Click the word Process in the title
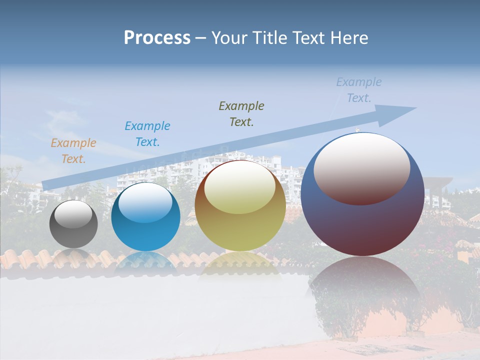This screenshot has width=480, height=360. tap(157, 38)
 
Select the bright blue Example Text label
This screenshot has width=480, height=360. tap(147, 134)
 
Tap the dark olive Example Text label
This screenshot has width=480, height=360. tap(241, 114)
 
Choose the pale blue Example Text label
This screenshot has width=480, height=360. tap(359, 90)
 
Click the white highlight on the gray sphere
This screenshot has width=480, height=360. tap(73, 214)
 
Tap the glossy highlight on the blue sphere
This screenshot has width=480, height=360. tap(145, 202)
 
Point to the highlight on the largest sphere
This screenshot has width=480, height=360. tap(362, 167)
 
